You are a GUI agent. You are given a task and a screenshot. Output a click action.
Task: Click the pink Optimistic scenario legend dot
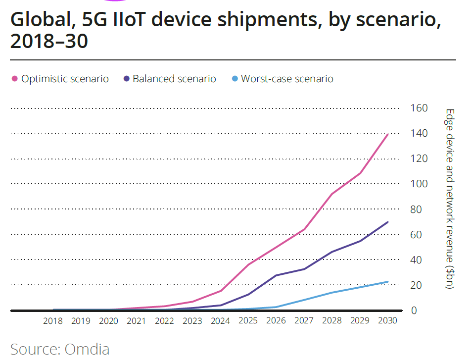pyautogui.click(x=14, y=79)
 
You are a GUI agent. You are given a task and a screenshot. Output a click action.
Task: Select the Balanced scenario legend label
pyautogui.click(x=174, y=79)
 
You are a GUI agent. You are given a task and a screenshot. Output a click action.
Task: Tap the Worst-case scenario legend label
pyautogui.click(x=287, y=79)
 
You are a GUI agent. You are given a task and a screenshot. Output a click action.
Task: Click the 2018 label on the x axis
pyautogui.click(x=53, y=321)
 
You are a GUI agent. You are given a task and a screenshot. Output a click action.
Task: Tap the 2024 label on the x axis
pyautogui.click(x=220, y=321)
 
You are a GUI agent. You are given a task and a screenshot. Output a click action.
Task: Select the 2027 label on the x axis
pyautogui.click(x=304, y=321)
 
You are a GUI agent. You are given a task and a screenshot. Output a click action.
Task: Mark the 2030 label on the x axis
pyautogui.click(x=387, y=321)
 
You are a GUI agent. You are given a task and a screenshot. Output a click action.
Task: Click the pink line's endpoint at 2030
pyautogui.click(x=387, y=134)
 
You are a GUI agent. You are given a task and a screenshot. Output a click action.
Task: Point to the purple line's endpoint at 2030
pyautogui.click(x=387, y=222)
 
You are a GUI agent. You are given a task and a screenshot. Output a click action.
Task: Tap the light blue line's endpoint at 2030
pyautogui.click(x=387, y=282)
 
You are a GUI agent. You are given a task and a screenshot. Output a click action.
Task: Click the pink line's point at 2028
pyautogui.click(x=331, y=194)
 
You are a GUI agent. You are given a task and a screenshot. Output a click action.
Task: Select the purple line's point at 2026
pyautogui.click(x=276, y=275)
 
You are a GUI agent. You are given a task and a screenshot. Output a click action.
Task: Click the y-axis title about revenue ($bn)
pyautogui.click(x=449, y=199)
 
